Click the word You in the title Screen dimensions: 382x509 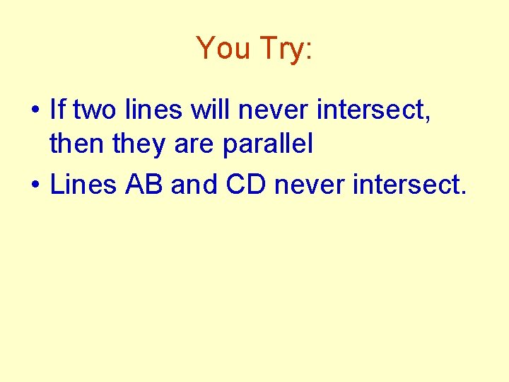coord(224,48)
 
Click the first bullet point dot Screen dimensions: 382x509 coord(34,111)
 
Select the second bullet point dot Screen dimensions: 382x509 coord(34,186)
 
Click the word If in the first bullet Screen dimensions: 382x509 coord(57,110)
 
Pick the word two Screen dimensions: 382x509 coord(95,110)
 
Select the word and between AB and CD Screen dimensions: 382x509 coord(194,185)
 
